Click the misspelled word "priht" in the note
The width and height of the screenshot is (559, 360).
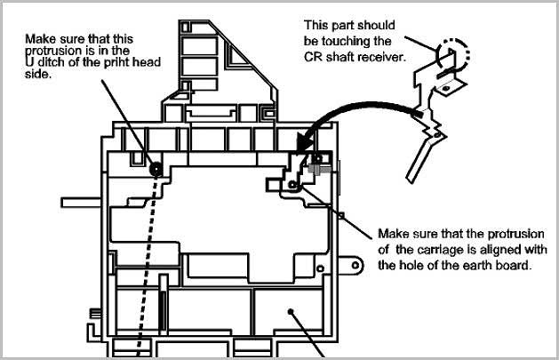[117, 62]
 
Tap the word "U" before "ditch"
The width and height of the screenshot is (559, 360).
[28, 62]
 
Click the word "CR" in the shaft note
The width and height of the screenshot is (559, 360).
[312, 57]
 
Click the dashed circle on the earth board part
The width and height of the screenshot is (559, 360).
[452, 54]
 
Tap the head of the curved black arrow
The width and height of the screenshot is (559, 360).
[304, 146]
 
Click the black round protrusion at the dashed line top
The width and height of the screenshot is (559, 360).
[156, 169]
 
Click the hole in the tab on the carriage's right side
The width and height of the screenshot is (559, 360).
[355, 265]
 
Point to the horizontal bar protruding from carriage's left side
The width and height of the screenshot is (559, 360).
[82, 203]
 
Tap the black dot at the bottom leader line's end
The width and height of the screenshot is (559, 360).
[291, 311]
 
